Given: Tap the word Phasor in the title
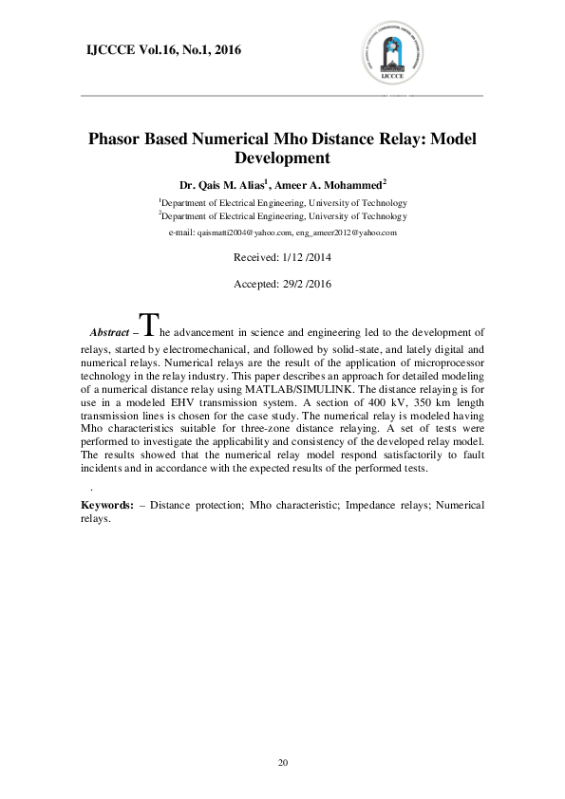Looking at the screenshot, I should point(113,139).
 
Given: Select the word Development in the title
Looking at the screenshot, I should point(281,158).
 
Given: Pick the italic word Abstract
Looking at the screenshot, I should point(108,333).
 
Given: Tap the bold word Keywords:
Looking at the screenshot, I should point(105,506).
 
